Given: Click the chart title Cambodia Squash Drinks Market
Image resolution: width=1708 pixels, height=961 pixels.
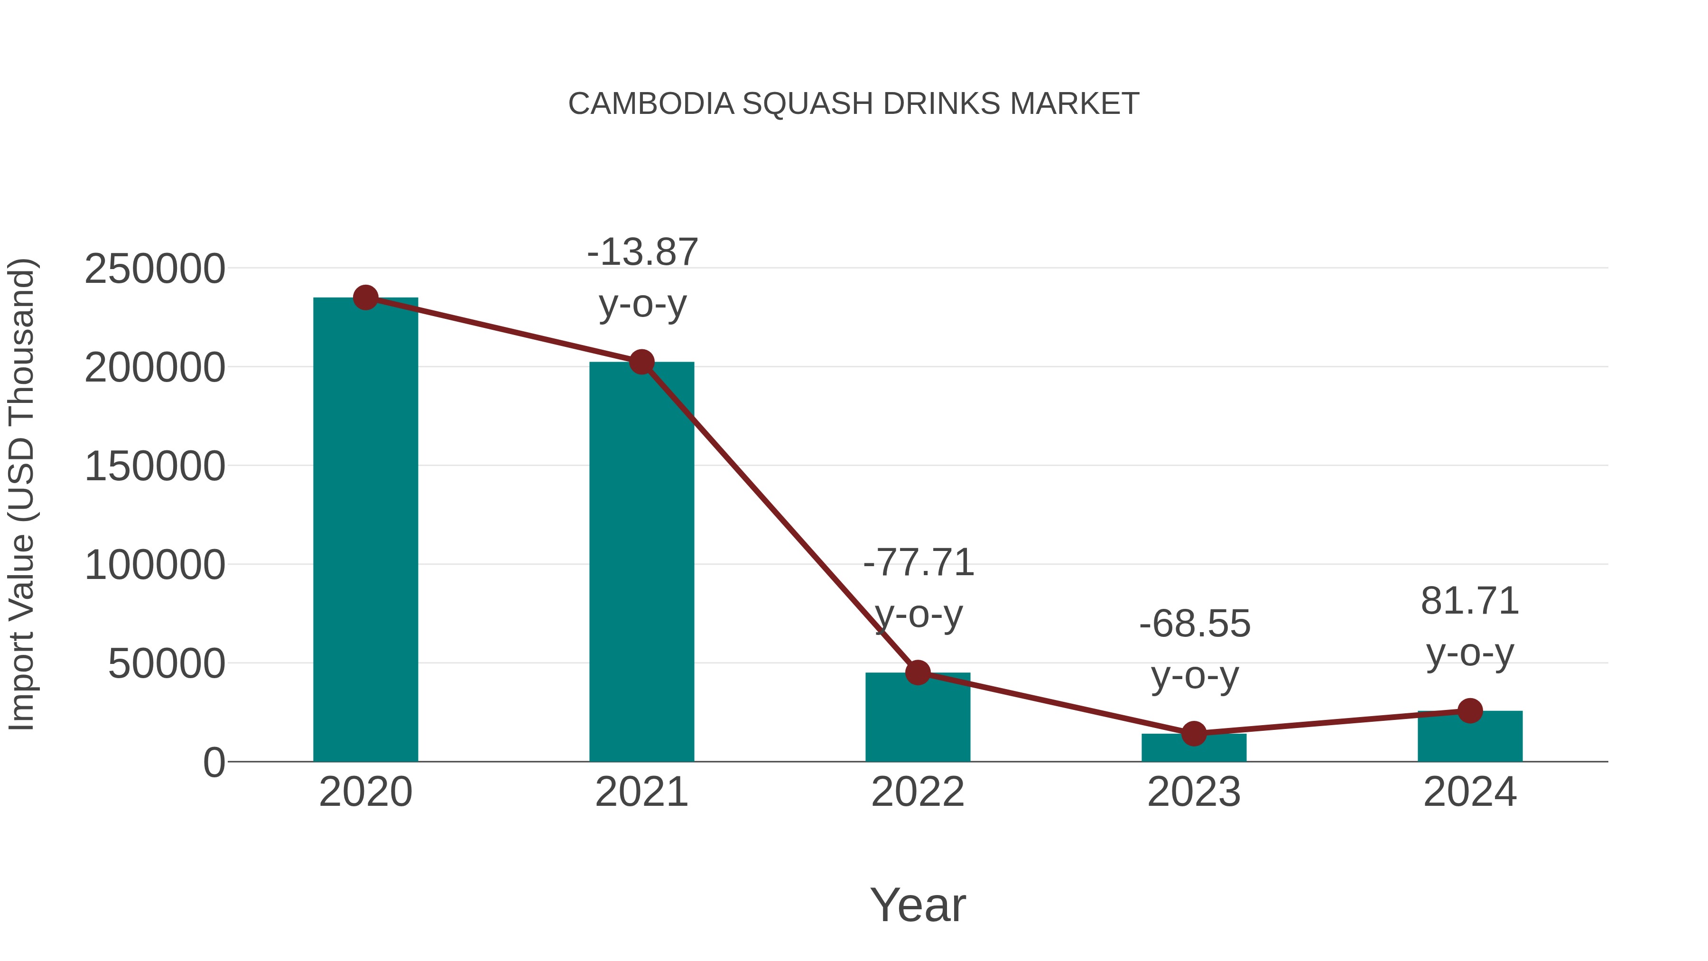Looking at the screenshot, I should pos(854,104).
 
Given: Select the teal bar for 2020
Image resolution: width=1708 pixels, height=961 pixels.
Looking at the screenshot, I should pos(365,531).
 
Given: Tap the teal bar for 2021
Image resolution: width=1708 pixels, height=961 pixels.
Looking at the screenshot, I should pos(641,564).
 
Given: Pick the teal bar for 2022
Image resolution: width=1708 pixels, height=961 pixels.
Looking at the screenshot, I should pos(918,719).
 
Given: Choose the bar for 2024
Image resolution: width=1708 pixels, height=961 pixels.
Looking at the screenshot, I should pos(1470,737).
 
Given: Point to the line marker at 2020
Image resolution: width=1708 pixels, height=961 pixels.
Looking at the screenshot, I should pos(365,298).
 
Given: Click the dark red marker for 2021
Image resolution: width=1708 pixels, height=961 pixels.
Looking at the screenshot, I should pos(641,362).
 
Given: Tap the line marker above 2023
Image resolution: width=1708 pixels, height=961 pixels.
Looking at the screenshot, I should pos(1194,734).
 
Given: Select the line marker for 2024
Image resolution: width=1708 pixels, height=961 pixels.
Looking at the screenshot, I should pos(1470,711).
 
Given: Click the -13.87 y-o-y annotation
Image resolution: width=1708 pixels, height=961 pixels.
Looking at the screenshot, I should pos(642,252).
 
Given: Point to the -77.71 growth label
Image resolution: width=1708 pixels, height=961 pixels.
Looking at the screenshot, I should pos(919,563).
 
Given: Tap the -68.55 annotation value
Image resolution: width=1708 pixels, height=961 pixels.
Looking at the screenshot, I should pos(1195,624).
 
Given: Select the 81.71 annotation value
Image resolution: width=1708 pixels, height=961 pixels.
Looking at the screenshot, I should pos(1470,602).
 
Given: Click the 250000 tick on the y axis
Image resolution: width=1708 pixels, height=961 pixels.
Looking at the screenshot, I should pos(155,269).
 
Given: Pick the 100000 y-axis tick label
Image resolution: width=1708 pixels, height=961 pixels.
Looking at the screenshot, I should pos(155,566).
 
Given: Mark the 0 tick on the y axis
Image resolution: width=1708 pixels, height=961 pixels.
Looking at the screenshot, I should pos(214,763).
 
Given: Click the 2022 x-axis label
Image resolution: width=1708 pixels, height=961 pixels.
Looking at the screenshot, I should pos(918,792).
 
